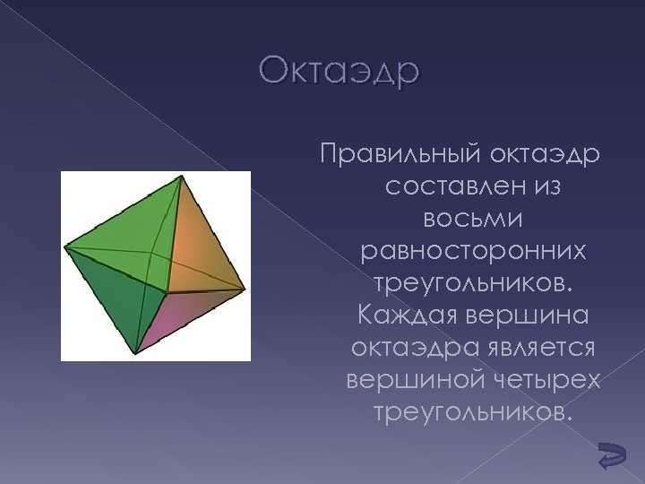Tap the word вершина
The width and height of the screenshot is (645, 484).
pyautogui.click(x=529, y=315)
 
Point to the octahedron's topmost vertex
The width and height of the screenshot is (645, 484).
pyautogui.click(x=183, y=177)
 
